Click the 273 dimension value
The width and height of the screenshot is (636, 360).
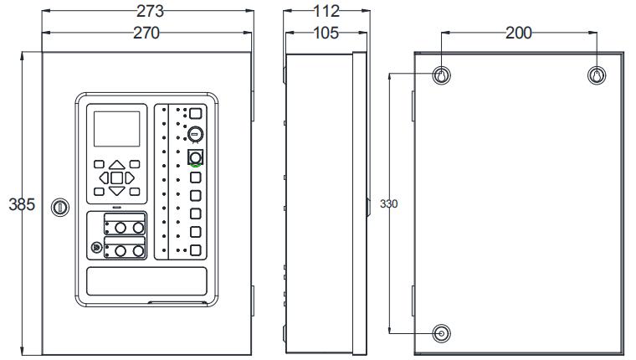(x=150, y=11)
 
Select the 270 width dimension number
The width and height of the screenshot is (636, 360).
(x=146, y=33)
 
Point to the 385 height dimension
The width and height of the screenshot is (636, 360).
(x=22, y=204)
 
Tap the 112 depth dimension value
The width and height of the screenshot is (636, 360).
(x=326, y=11)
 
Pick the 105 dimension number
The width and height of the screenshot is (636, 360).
(x=326, y=33)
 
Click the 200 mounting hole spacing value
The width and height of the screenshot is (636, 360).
(x=519, y=33)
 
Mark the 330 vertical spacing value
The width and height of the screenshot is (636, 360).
(x=388, y=203)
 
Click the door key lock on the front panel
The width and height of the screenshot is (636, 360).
(x=60, y=208)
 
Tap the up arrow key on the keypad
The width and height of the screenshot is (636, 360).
(x=117, y=164)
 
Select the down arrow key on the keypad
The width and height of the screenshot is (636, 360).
(x=117, y=191)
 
